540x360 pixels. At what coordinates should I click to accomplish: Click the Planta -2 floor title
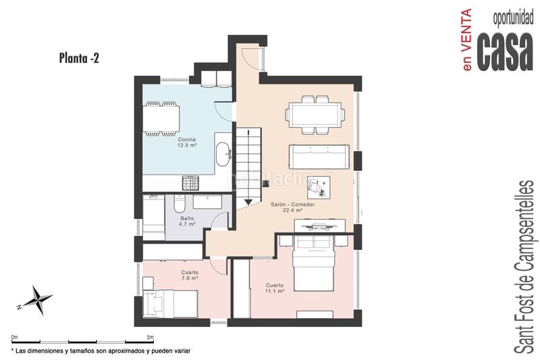[x=80, y=59]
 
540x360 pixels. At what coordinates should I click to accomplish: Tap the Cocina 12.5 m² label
[x=187, y=143]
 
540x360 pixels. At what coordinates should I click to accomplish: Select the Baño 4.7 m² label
[x=187, y=222]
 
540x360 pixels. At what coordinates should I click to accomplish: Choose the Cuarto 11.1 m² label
[x=275, y=288]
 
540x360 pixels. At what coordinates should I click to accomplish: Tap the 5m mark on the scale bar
[x=149, y=336]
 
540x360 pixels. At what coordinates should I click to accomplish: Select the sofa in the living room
[x=319, y=157]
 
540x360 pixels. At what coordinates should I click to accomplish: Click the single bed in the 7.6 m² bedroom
[x=169, y=303]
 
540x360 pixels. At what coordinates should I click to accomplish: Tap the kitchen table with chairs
[x=160, y=120]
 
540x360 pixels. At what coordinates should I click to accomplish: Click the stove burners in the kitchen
[x=190, y=183]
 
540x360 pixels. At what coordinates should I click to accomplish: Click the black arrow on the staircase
[x=249, y=201]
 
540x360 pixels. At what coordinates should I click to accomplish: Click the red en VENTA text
[x=466, y=40]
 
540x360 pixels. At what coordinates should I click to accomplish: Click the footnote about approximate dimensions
[x=101, y=351]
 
